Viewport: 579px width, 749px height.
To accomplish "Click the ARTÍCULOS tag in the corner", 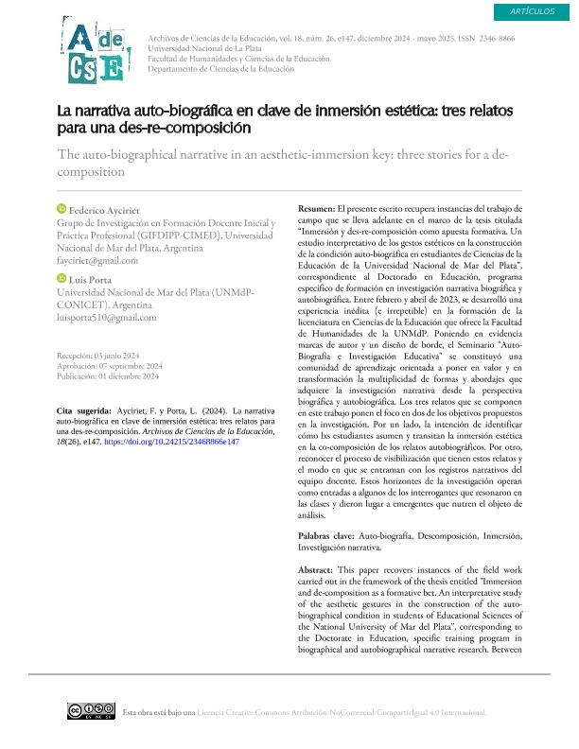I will (532, 10).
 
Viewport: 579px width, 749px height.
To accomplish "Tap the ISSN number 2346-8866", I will (496, 39).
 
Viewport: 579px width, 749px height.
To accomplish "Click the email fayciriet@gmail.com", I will (97, 260).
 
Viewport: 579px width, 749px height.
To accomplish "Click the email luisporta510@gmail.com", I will (107, 318).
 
